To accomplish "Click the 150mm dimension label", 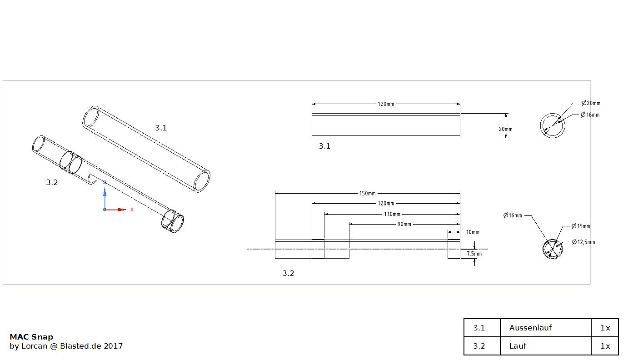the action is (x=367, y=194).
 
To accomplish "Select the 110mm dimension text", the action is (x=392, y=214).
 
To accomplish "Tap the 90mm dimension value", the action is (x=404, y=224).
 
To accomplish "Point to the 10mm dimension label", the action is (x=473, y=232).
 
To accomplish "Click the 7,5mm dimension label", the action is (x=474, y=254).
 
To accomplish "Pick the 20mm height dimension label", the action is (x=506, y=129).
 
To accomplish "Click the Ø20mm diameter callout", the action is (x=591, y=103).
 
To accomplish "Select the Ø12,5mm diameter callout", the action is (x=583, y=242).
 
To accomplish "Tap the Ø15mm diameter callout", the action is (x=581, y=226).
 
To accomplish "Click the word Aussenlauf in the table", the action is (x=530, y=328).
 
